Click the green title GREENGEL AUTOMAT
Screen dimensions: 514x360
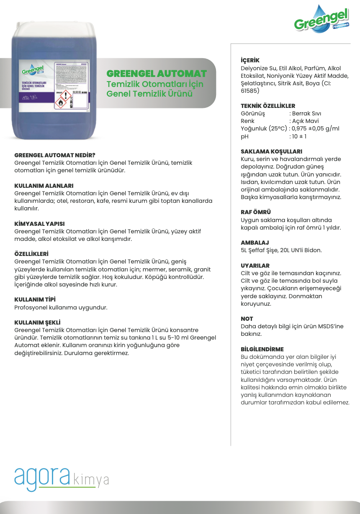(157, 74)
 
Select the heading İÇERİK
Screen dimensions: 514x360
(250, 60)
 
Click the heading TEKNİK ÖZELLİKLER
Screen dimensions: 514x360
(268, 106)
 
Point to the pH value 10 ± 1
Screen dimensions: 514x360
(299, 136)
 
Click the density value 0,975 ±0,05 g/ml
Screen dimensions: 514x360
(315, 129)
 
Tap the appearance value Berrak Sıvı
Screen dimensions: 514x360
(307, 114)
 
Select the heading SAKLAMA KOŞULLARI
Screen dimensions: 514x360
(271, 151)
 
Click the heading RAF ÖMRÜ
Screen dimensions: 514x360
(256, 212)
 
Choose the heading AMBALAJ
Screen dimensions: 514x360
(255, 243)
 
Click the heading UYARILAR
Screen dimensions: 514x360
(255, 266)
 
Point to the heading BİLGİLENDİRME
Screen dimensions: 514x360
(262, 349)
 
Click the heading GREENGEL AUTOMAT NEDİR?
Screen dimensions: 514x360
(55, 155)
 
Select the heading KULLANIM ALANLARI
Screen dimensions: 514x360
(44, 185)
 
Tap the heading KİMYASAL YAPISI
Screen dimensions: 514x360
(39, 224)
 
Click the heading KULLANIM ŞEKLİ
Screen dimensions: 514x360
(38, 322)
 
